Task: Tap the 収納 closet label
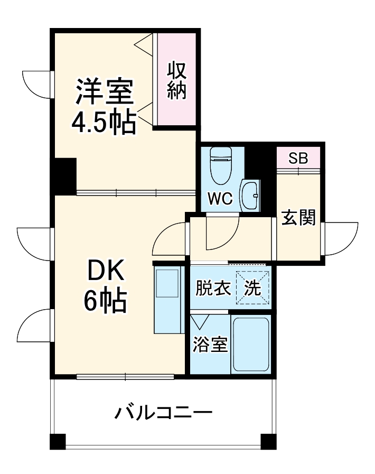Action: tap(177, 80)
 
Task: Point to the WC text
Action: tap(220, 199)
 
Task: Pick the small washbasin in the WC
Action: tap(249, 196)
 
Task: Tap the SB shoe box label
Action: tap(298, 159)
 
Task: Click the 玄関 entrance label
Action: tap(298, 217)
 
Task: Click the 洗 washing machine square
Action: tap(252, 288)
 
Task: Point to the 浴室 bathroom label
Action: tap(210, 345)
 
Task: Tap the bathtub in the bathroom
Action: tap(251, 345)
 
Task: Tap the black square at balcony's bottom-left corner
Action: tap(58, 441)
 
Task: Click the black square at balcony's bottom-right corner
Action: tap(268, 441)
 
